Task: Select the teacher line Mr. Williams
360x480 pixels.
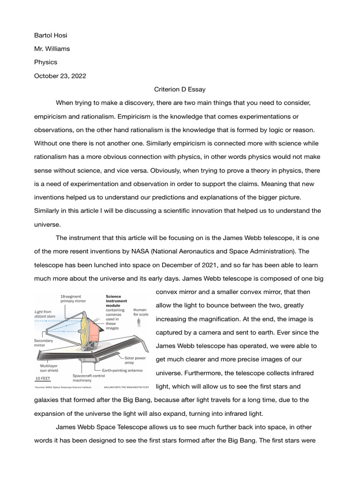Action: point(52,48)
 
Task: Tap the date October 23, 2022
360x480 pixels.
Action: point(60,75)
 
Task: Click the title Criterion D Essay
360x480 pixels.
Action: point(180,89)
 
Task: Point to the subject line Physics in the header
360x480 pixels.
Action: point(45,62)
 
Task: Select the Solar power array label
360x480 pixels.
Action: point(135,360)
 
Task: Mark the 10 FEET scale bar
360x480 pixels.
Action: point(43,378)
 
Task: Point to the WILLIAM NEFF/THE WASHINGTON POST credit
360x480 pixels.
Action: point(126,388)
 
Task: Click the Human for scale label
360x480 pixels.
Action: point(141,312)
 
